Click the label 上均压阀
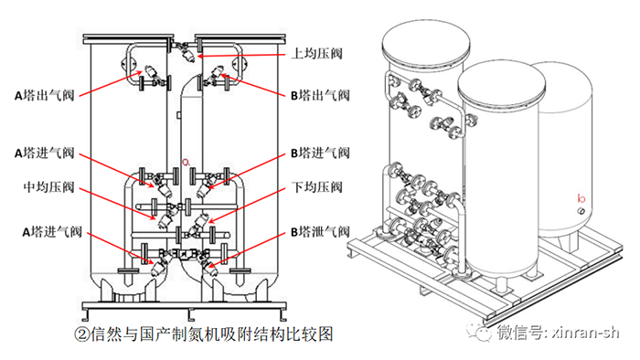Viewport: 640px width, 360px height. [x=316, y=53]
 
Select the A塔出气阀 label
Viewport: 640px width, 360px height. [x=45, y=95]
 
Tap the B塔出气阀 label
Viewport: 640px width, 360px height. [x=320, y=95]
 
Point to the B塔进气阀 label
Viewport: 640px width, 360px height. [x=320, y=153]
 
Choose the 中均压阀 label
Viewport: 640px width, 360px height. [x=48, y=187]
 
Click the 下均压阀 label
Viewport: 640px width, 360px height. [x=316, y=187]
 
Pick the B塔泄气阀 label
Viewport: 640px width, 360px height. [x=320, y=231]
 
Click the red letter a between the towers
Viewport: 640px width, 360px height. [x=187, y=162]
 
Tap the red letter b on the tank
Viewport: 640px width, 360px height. [x=581, y=197]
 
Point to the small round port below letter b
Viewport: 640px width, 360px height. [x=581, y=211]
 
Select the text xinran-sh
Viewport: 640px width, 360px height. [x=585, y=333]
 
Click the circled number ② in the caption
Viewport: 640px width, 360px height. [x=81, y=334]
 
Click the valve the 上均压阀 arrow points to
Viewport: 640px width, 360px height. [x=187, y=52]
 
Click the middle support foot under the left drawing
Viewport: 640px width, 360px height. [x=189, y=314]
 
